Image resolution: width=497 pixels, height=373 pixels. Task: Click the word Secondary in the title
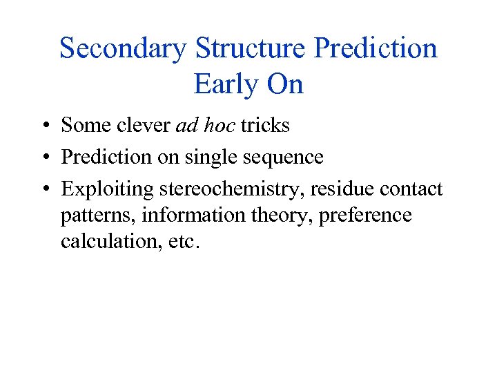[x=123, y=49]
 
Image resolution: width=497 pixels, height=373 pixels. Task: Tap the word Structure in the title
[x=251, y=49]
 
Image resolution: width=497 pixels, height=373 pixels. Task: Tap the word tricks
[x=265, y=126]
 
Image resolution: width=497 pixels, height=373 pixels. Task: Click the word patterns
[x=99, y=216]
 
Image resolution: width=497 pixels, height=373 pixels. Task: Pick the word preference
[x=363, y=216]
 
